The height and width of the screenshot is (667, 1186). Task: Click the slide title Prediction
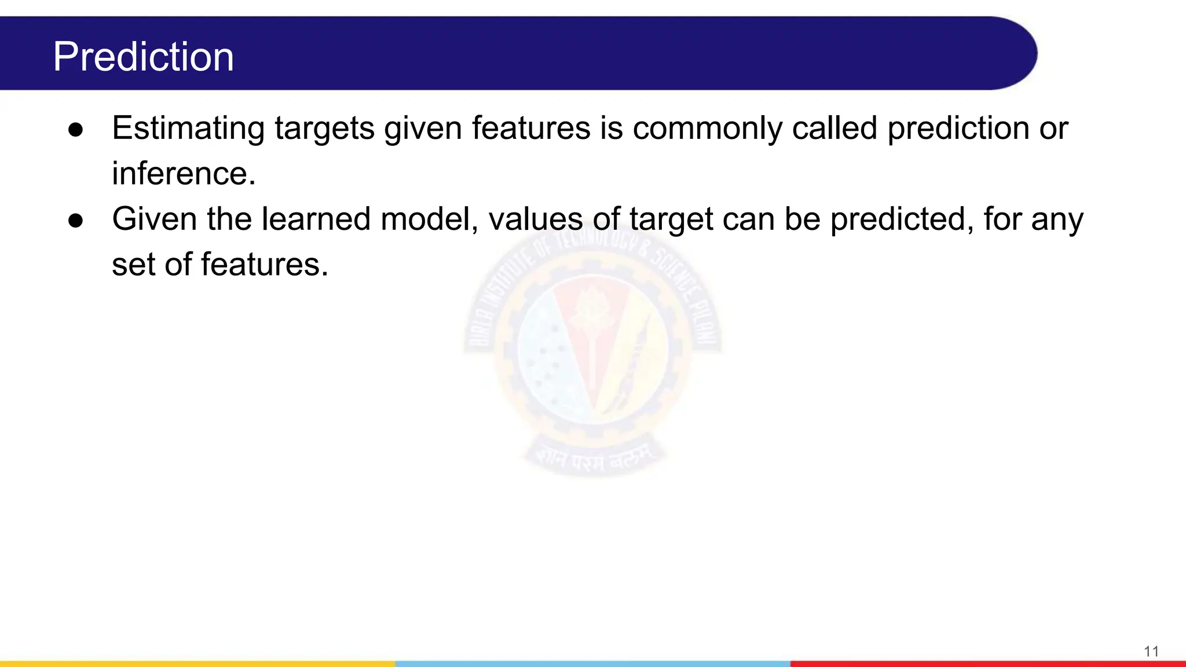point(143,57)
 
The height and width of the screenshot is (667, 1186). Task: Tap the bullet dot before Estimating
point(76,130)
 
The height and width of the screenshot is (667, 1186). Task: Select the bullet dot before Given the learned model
point(76,221)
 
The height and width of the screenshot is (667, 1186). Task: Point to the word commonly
point(707,129)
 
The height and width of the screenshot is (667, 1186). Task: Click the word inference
point(183,173)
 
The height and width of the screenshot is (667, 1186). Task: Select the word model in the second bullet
point(429,219)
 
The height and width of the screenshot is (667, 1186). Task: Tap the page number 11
point(1151,651)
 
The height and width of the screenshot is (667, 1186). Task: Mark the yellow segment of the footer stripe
point(197,664)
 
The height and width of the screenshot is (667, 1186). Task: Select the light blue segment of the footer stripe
point(592,664)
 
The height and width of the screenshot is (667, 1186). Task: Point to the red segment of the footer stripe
point(987,664)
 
